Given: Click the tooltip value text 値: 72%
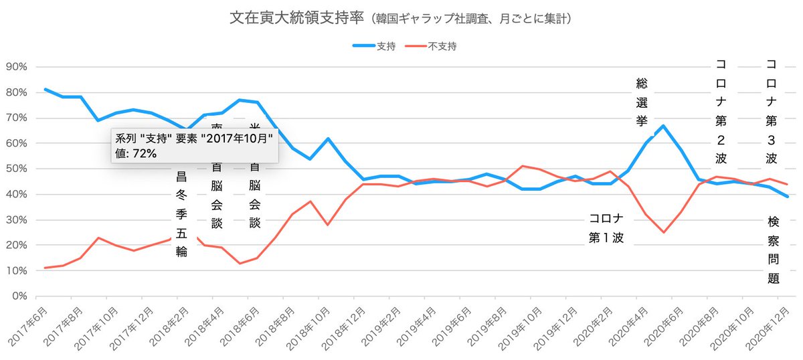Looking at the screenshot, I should pyautogui.click(x=135, y=154).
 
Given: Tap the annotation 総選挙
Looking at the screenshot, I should pyautogui.click(x=642, y=102).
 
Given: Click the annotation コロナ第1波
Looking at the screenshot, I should pyautogui.click(x=606, y=228).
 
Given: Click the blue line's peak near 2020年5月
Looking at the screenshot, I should pyautogui.click(x=662, y=126).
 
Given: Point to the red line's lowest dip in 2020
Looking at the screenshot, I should pyautogui.click(x=662, y=232).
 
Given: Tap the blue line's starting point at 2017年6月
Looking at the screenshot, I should pyautogui.click(x=45, y=89).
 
